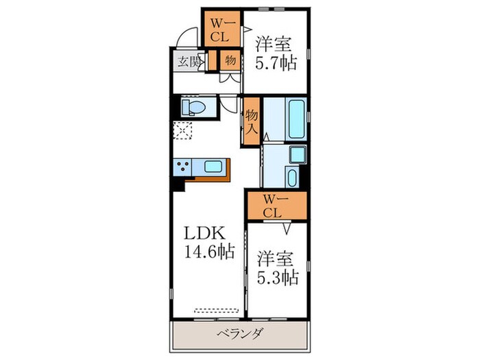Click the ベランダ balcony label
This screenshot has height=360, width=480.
[x=240, y=335]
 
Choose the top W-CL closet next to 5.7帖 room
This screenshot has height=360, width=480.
[x=220, y=30]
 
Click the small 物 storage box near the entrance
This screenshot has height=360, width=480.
[x=230, y=60]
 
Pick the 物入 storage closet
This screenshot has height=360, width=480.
[x=252, y=121]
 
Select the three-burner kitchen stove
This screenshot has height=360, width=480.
[x=184, y=167]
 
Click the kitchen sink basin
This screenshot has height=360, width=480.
[x=213, y=166]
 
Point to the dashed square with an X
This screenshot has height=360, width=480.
[x=184, y=130]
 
